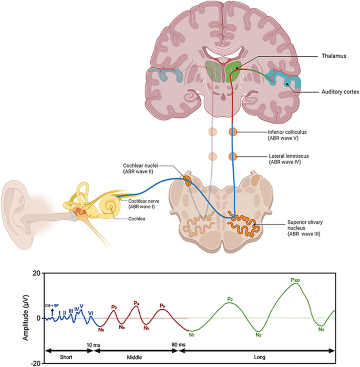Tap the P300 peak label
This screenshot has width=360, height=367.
point(298,280)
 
